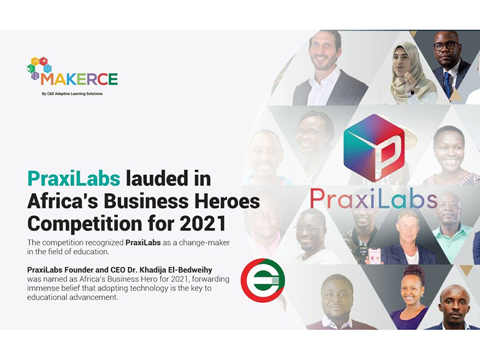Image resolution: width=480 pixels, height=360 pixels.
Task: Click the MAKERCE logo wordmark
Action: pos(79,79)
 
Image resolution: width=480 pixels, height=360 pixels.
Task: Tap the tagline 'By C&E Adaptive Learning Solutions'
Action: pos(72,94)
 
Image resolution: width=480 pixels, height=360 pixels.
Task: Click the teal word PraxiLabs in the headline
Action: pos(74,179)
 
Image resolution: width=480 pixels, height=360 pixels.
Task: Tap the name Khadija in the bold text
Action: pos(146,270)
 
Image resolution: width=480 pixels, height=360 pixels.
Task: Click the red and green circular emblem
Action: pos(263,280)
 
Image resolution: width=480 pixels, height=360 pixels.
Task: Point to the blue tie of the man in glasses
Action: pos(447,83)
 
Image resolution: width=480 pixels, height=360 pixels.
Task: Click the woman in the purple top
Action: pos(410,298)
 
